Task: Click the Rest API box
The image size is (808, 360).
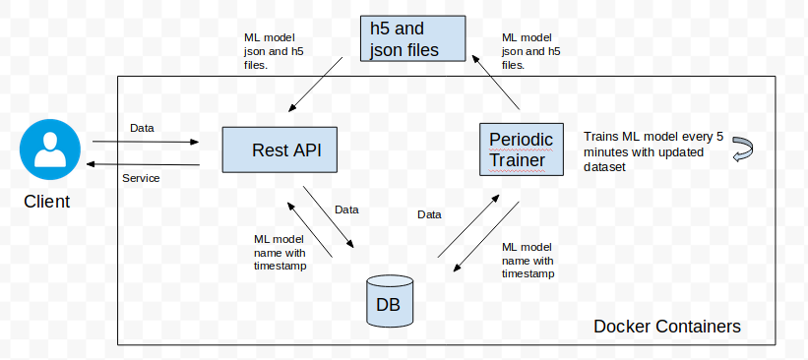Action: point(280,150)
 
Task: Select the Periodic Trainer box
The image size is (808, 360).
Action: point(522,150)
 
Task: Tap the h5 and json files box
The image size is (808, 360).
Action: point(412,38)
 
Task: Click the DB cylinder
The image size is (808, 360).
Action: point(390,301)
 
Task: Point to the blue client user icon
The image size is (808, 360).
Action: point(50,150)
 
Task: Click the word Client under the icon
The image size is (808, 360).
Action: point(47,202)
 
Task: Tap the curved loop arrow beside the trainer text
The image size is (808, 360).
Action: point(743,150)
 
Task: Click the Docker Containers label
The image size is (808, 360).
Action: point(667,326)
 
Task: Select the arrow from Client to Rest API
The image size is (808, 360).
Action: point(146,142)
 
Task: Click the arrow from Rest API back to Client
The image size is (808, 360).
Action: point(143,164)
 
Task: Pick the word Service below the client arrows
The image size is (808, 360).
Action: point(141,178)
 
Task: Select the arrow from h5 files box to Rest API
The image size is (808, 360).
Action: point(315,85)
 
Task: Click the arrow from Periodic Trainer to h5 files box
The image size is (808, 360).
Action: point(496,83)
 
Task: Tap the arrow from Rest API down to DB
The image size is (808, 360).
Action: point(329,216)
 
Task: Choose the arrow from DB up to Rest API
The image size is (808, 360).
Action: point(309,230)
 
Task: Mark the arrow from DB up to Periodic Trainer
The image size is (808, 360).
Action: point(468,226)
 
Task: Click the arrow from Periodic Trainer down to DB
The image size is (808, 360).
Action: point(486,236)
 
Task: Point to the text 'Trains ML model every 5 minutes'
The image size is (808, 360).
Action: point(653,145)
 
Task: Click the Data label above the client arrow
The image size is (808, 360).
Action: point(142,128)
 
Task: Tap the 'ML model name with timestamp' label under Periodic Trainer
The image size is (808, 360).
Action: point(528,260)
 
